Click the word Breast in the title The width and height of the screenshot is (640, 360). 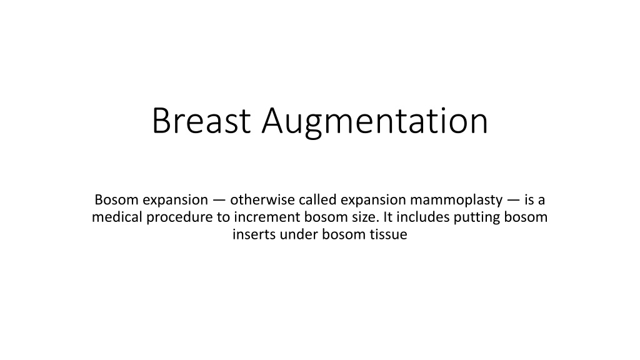202,121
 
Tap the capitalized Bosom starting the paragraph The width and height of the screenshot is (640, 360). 116,200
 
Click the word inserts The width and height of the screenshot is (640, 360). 252,236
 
